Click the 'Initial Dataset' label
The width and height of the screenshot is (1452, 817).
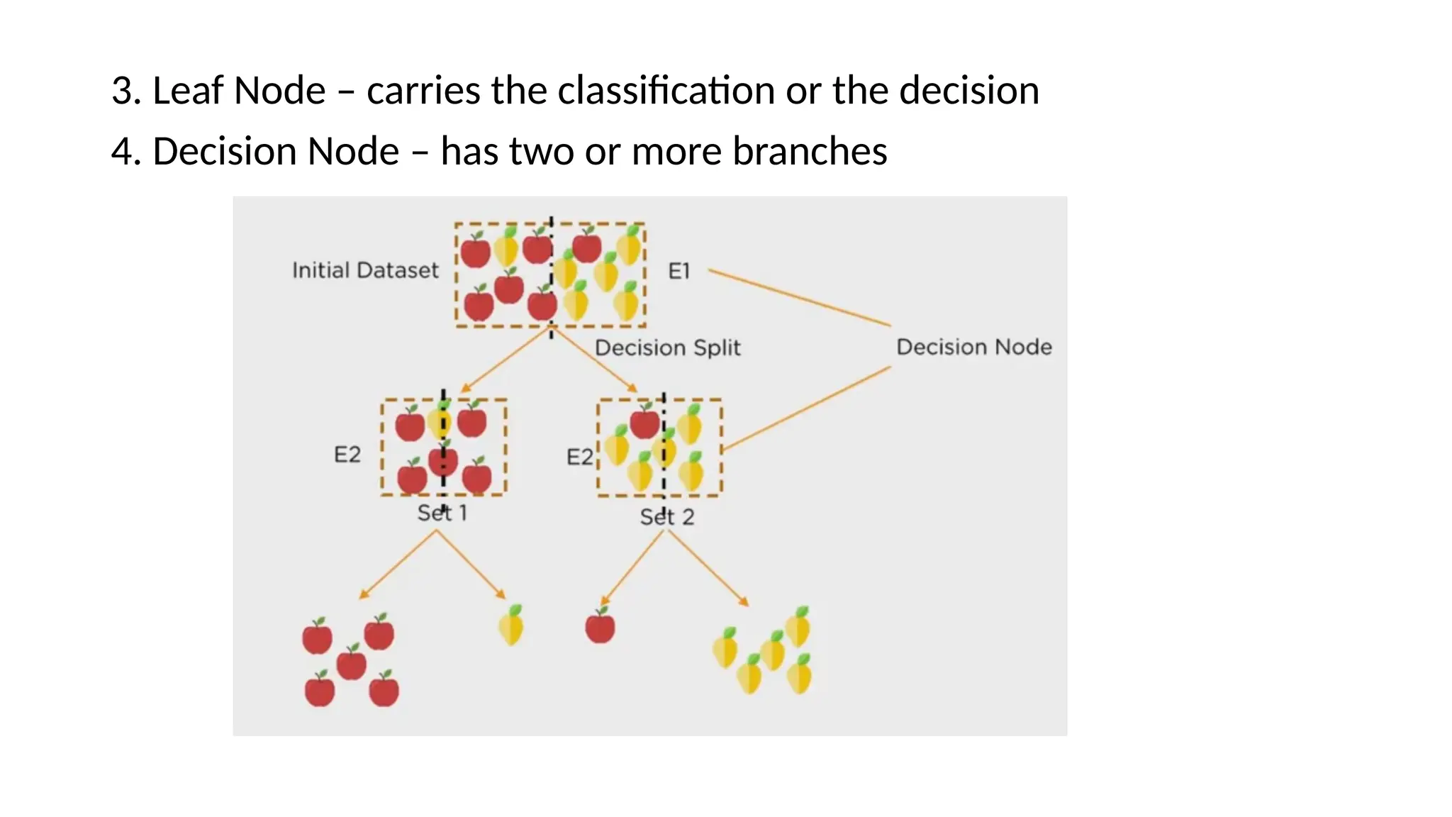click(365, 270)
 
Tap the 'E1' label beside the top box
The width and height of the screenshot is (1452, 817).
click(678, 271)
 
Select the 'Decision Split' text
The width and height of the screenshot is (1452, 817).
click(667, 348)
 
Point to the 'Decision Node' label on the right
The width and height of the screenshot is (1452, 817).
click(973, 347)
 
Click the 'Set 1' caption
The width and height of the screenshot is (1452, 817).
click(442, 513)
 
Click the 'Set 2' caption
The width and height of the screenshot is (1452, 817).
click(666, 517)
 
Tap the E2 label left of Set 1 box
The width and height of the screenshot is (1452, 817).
click(347, 455)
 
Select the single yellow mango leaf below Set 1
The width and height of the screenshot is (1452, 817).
click(511, 626)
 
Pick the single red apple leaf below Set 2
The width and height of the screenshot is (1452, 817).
click(600, 626)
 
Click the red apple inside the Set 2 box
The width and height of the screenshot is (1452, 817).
click(644, 423)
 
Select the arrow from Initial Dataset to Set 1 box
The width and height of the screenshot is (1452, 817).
click(505, 360)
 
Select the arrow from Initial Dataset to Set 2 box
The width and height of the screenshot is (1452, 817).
click(596, 360)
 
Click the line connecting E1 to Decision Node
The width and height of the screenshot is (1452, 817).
click(799, 298)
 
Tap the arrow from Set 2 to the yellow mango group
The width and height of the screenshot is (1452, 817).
click(706, 567)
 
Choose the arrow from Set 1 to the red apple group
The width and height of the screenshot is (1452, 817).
click(398, 565)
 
